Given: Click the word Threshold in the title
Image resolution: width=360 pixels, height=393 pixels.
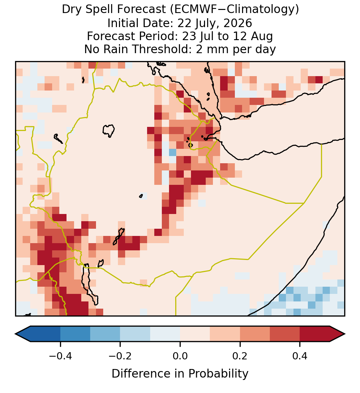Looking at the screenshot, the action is (x=162, y=49).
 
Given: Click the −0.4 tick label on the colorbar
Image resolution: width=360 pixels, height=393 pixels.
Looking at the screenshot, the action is (x=60, y=356).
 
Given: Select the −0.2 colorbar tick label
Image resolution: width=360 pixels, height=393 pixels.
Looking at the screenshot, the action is (x=120, y=356).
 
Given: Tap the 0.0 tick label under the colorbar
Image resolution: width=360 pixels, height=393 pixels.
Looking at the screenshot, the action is (x=180, y=356).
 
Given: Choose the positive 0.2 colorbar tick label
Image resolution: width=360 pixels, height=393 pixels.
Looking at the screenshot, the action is (x=240, y=356).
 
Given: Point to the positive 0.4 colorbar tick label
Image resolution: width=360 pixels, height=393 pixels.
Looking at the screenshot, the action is (x=300, y=356).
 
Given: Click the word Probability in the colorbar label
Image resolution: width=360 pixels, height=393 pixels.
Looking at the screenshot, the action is (x=218, y=374).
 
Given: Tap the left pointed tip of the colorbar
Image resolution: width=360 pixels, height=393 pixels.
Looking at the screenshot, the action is (x=15, y=334).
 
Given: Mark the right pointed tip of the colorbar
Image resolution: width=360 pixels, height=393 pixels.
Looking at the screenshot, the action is (x=345, y=334).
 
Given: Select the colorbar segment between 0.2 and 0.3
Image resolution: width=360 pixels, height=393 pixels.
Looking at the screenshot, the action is (x=255, y=334).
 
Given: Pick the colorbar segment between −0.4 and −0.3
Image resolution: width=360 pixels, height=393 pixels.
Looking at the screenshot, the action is (x=75, y=334).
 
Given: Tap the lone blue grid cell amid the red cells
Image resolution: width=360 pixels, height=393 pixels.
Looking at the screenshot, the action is (x=172, y=152).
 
